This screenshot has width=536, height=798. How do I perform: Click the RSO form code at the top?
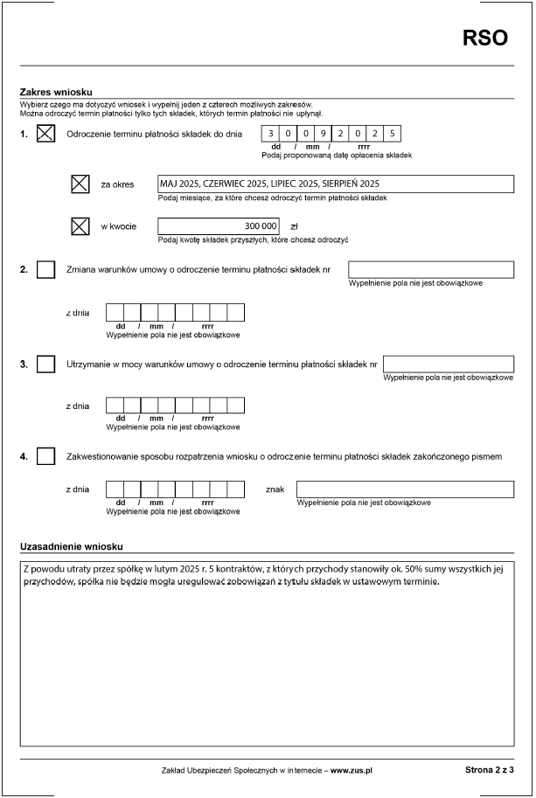484,38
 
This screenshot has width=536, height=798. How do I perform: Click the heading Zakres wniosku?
56,92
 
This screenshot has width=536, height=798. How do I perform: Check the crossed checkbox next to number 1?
46,134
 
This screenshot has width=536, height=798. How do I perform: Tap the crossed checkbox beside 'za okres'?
80,184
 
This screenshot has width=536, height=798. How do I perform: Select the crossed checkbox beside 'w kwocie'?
80,226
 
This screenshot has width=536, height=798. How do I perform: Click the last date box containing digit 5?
393,134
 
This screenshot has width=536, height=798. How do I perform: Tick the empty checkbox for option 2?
46,269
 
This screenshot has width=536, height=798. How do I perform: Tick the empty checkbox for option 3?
46,364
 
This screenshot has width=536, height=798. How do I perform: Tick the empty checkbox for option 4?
46,456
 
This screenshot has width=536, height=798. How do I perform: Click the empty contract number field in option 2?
430,269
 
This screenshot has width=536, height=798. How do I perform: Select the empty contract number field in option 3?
448,364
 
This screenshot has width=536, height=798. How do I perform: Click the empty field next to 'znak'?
405,489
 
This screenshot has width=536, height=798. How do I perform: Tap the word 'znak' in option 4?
275,489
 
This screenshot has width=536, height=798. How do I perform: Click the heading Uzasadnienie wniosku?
71,547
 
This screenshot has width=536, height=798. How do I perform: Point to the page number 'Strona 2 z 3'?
489,770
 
